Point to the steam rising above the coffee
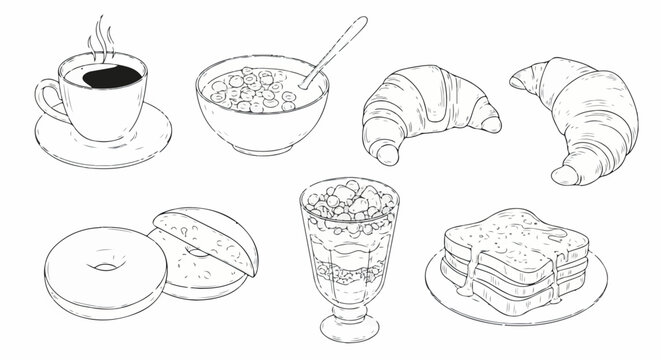click(x=99, y=37)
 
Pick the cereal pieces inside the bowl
click(x=250, y=89)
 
